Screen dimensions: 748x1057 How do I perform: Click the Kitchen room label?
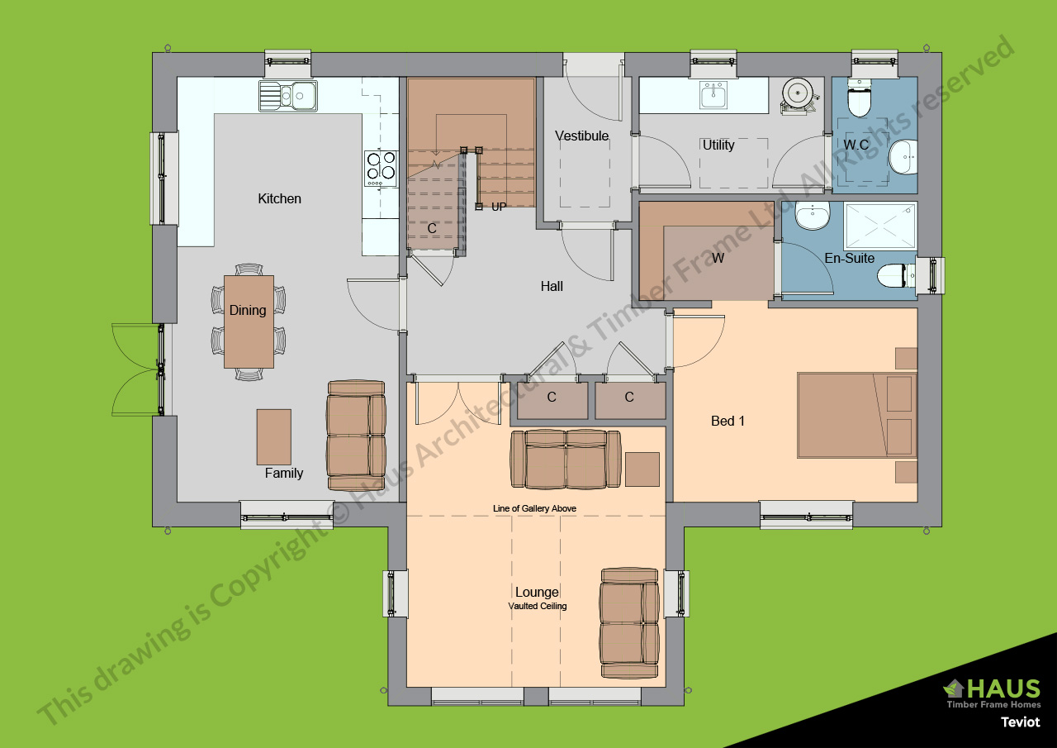pyautogui.click(x=279, y=198)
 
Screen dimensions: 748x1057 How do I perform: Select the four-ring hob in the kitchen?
pyautogui.click(x=380, y=167)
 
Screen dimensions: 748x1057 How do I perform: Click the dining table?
pyautogui.click(x=249, y=322)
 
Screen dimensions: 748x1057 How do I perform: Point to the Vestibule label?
pyautogui.click(x=581, y=136)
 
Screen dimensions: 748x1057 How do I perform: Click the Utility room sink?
pyautogui.click(x=713, y=95)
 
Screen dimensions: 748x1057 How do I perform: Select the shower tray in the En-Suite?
pyautogui.click(x=879, y=225)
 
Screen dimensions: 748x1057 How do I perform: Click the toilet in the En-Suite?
pyautogui.click(x=894, y=275)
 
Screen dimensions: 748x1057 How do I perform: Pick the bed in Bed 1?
pyautogui.click(x=856, y=415)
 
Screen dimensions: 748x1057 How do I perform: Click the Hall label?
pyautogui.click(x=552, y=286)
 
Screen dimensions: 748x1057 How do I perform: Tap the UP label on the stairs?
pyautogui.click(x=499, y=207)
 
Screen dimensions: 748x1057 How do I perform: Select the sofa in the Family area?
pyautogui.click(x=357, y=435)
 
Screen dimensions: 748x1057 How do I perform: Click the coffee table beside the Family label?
pyautogui.click(x=273, y=436)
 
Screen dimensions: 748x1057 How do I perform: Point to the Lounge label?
pyautogui.click(x=537, y=592)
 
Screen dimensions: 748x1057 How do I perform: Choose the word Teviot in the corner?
pyautogui.click(x=1020, y=722)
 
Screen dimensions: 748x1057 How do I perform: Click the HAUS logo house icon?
pyautogui.click(x=955, y=688)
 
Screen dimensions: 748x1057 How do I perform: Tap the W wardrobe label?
pyautogui.click(x=718, y=258)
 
